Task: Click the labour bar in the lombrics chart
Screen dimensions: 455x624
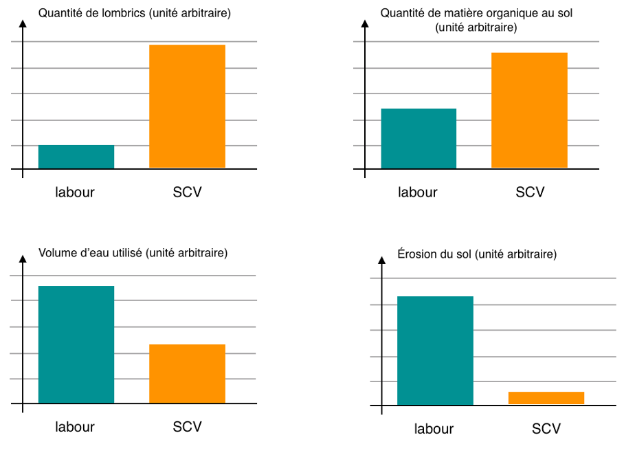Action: coord(76,157)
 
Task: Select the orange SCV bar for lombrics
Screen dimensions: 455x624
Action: coord(187,106)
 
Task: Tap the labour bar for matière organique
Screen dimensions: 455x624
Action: coord(419,138)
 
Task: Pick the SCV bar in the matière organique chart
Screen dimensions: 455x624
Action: coord(529,110)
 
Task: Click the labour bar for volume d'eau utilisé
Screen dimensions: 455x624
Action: coord(76,344)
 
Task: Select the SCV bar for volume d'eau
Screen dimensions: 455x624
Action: coord(187,373)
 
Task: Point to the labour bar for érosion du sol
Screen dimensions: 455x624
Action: coord(435,351)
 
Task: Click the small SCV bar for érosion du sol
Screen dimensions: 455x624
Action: coord(546,398)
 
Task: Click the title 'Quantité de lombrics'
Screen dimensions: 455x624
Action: coord(135,14)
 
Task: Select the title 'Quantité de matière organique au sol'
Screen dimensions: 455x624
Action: coord(476,20)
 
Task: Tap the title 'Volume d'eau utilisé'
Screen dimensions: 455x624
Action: coord(133,253)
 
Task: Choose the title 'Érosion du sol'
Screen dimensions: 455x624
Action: coord(477,254)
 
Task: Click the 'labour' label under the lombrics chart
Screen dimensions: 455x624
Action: coord(75,192)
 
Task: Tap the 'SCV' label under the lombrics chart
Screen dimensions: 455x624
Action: coord(187,192)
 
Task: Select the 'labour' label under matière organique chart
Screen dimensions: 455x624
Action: coord(418,192)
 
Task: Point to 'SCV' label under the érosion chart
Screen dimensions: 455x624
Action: coord(546,429)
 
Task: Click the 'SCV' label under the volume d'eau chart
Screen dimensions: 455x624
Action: coord(187,427)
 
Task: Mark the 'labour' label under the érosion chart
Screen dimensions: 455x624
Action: coord(434,430)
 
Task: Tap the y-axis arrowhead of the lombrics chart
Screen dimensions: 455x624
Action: coord(23,24)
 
